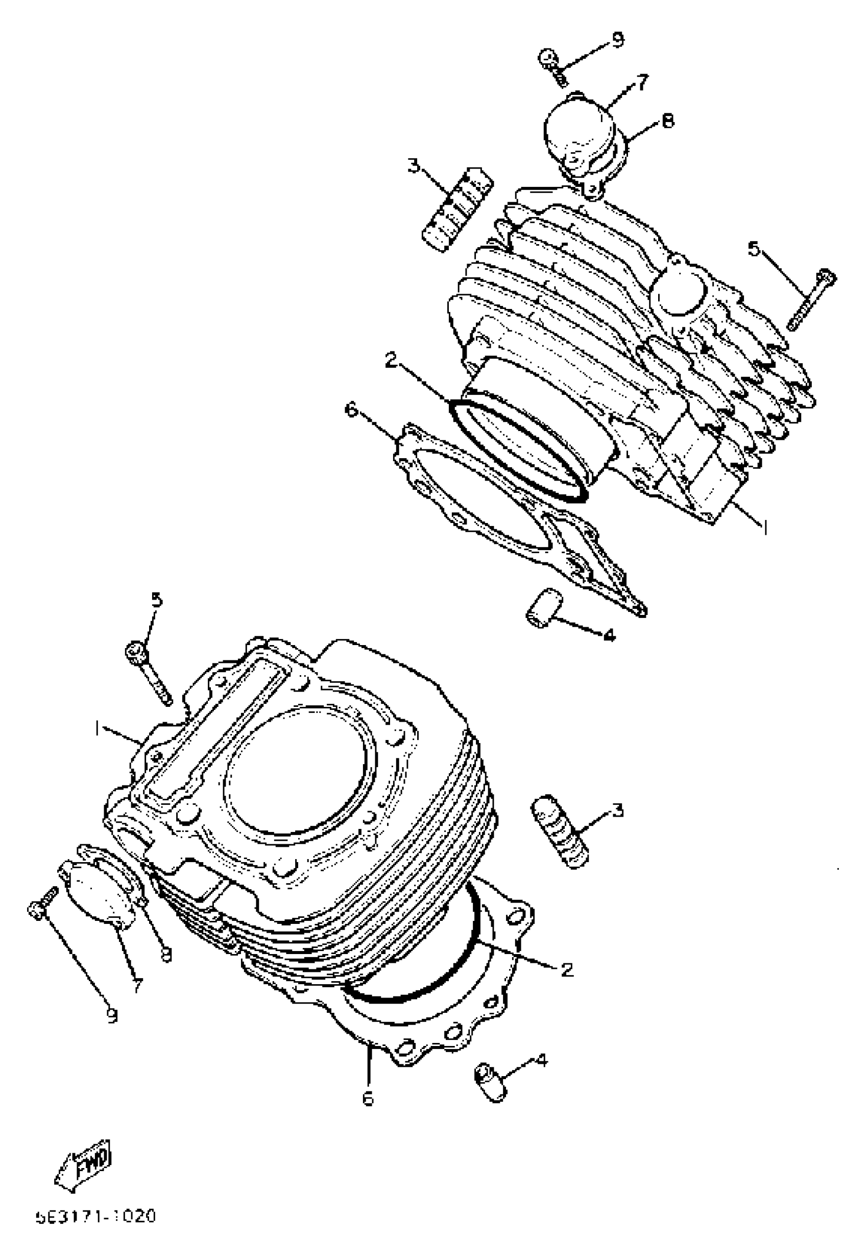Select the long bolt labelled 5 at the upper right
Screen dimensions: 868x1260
(x=811, y=299)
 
